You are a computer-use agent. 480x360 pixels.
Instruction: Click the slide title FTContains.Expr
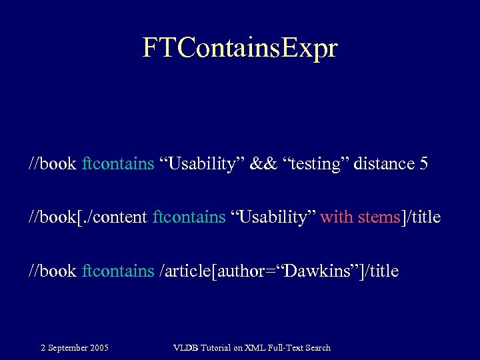[240, 48]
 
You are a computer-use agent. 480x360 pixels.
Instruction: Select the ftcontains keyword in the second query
[189, 217]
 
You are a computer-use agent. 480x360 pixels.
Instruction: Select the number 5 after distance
[424, 164]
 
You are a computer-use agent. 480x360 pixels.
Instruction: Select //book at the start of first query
[53, 164]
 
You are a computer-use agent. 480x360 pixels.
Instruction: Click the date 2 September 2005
[75, 347]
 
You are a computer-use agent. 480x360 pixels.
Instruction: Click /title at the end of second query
[421, 217]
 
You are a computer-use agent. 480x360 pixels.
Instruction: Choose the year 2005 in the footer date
[99, 347]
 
